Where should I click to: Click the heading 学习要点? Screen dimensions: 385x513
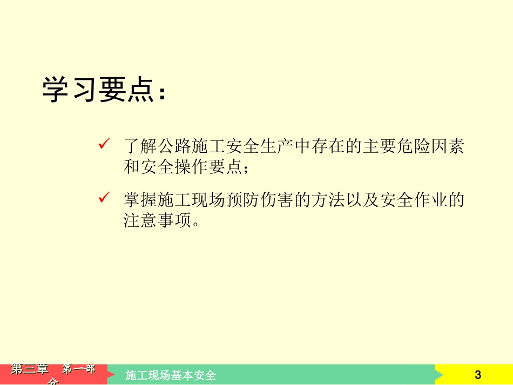103,90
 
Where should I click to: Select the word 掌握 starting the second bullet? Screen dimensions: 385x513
141,201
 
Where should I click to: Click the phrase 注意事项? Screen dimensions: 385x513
158,221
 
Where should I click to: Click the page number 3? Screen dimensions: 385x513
477,375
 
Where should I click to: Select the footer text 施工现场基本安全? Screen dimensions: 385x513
171,375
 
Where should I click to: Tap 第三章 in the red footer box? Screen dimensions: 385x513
29,369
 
